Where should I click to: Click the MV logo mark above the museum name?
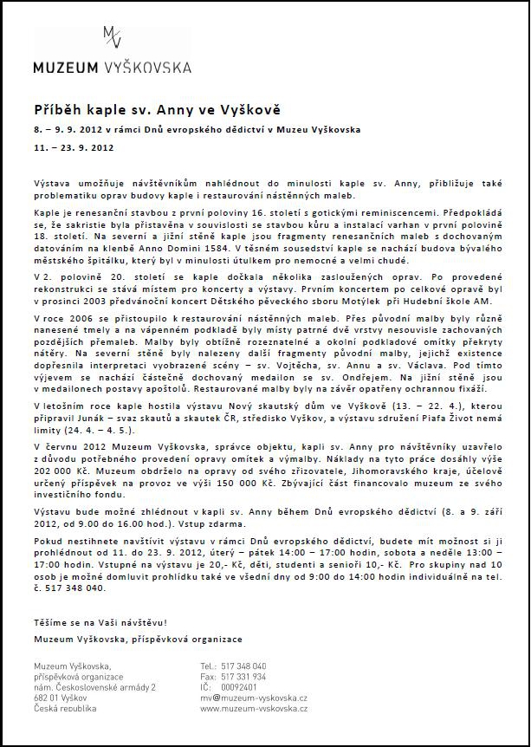tap(112, 37)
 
